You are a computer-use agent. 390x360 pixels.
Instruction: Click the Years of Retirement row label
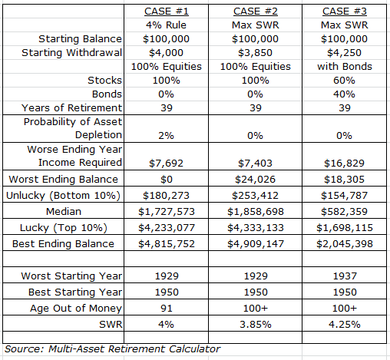pyautogui.click(x=73, y=107)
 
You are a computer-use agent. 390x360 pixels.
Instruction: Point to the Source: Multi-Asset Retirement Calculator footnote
pyautogui.click(x=112, y=349)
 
